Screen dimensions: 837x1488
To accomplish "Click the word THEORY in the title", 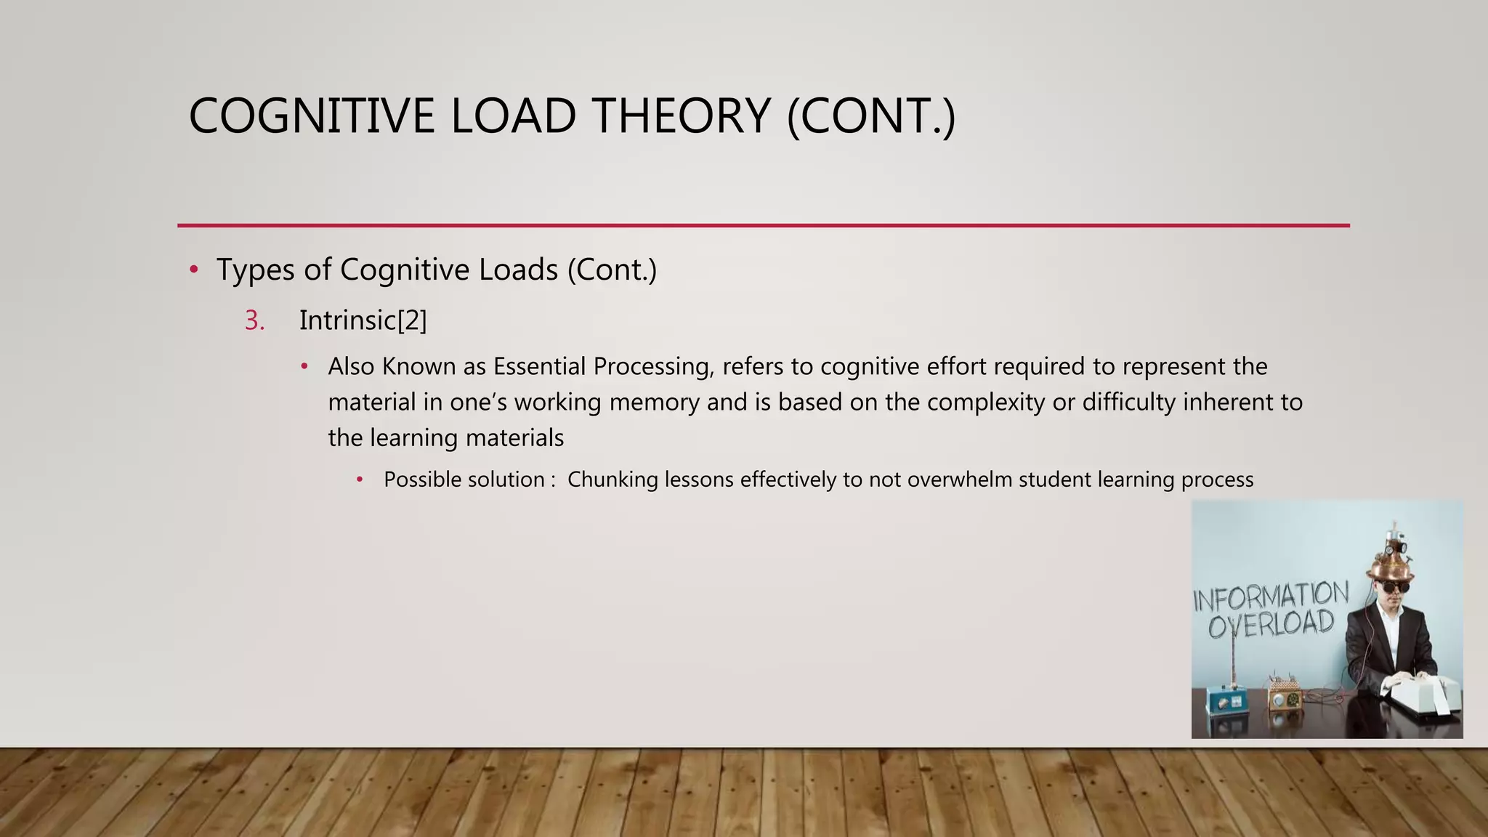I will click(x=682, y=116).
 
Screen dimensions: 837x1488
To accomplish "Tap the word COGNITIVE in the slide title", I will click(x=312, y=116).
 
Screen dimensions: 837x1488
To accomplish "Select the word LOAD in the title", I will click(x=513, y=116).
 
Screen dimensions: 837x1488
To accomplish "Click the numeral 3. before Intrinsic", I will click(x=254, y=320).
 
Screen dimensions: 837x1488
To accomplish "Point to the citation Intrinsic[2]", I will click(x=363, y=320).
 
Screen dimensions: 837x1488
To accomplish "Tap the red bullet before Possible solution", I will click(x=360, y=480).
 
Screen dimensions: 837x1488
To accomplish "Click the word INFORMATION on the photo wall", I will click(x=1271, y=597).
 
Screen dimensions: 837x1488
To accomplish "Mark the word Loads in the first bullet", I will click(x=518, y=270).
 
